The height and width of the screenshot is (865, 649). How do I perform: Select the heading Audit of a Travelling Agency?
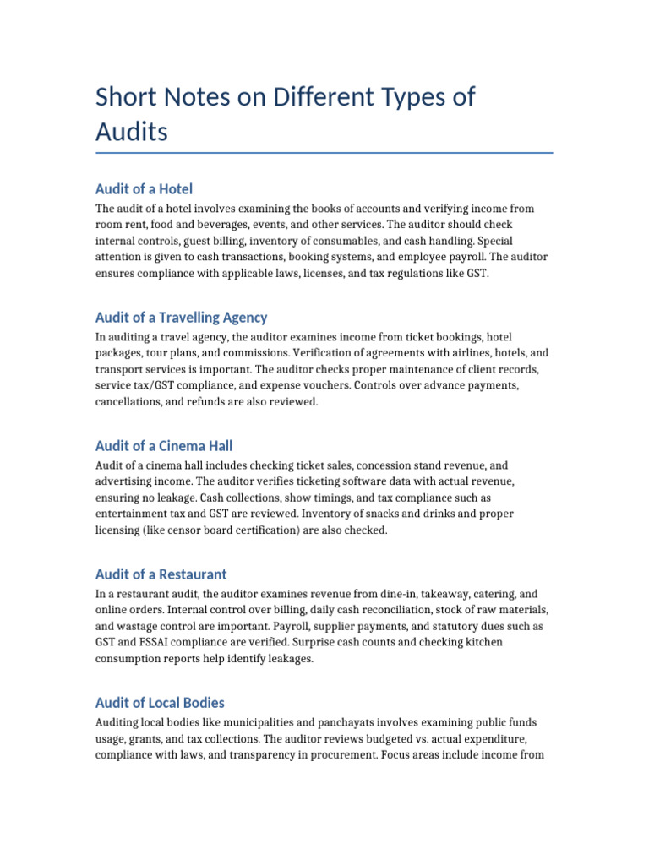181,318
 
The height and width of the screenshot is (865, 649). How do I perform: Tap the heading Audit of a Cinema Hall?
164,446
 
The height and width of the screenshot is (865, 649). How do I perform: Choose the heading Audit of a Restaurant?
161,574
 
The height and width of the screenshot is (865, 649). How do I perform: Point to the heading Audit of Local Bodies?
160,703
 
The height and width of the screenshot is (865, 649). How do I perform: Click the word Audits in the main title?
132,132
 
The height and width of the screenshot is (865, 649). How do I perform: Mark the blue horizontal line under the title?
324,153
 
